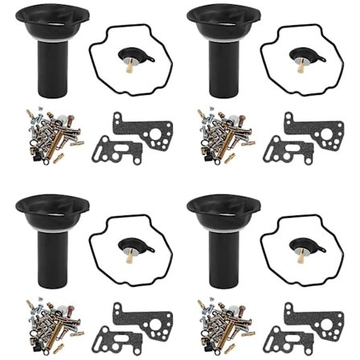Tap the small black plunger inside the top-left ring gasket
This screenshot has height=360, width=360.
click(x=126, y=57)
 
